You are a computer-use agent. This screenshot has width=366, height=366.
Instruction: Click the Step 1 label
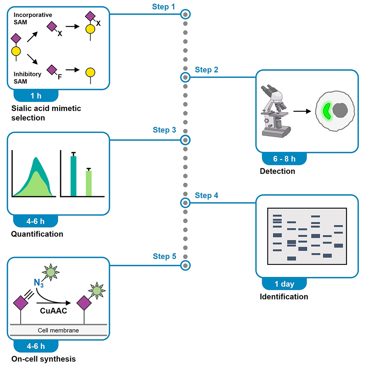(164, 7)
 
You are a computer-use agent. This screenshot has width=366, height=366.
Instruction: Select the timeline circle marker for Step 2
(186, 77)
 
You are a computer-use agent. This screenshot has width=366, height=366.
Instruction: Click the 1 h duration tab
(36, 96)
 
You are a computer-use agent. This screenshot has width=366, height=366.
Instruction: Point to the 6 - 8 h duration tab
(284, 158)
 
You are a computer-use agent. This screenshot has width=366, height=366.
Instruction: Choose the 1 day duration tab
(284, 284)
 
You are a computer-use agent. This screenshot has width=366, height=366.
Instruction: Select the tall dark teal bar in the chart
(73, 176)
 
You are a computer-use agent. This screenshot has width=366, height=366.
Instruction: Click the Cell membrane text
(58, 330)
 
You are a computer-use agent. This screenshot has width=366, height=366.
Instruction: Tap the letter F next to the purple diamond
(60, 77)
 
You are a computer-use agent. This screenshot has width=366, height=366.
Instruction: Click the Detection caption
(277, 171)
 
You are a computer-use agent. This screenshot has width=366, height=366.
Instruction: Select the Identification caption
(284, 297)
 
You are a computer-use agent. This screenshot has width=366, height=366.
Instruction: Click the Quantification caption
(37, 234)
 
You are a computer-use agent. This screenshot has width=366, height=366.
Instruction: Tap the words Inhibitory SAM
(27, 78)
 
